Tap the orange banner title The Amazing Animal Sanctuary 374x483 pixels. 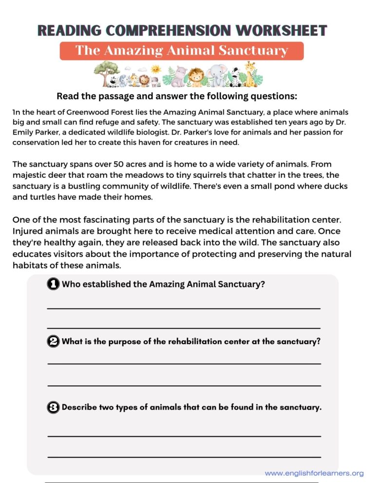(x=182, y=51)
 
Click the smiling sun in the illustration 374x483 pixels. (x=156, y=69)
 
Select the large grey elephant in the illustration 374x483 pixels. (x=216, y=76)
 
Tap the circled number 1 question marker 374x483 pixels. (x=54, y=284)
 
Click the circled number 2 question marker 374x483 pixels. (x=54, y=341)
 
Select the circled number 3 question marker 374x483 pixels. (x=54, y=407)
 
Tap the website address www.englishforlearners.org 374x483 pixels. (x=314, y=473)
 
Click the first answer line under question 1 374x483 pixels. (x=184, y=308)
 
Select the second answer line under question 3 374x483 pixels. (x=184, y=457)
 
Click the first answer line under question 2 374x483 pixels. (x=184, y=363)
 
